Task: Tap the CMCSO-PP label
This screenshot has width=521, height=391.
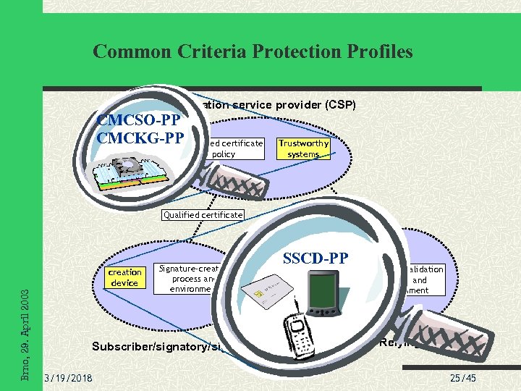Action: (x=142, y=120)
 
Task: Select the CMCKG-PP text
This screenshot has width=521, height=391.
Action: (x=140, y=137)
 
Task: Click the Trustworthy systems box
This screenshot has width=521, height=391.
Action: (x=303, y=148)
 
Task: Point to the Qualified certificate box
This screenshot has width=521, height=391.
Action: (x=203, y=215)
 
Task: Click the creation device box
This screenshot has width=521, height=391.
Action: (x=124, y=277)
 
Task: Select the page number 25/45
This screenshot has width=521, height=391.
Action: (x=463, y=379)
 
